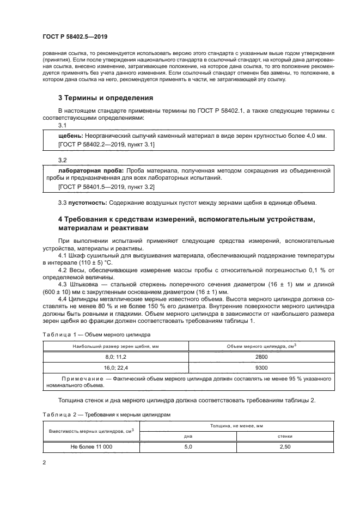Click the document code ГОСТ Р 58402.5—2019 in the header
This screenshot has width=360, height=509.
pos(75,37)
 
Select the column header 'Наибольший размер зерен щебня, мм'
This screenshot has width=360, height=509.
pos(115,346)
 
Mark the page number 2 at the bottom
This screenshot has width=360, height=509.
pos(44,462)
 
